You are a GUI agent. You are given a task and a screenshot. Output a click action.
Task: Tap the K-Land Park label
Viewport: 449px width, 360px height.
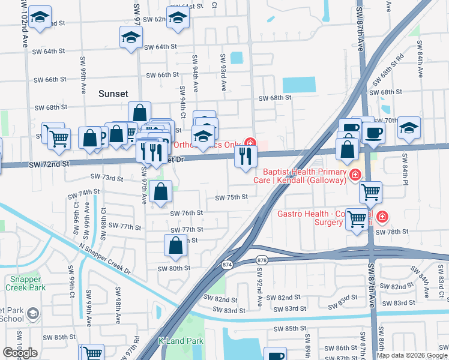click(x=180, y=341)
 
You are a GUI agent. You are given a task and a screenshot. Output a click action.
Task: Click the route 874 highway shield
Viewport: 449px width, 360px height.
click(x=226, y=264)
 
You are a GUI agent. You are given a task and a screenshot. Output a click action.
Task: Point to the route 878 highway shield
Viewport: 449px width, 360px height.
click(x=262, y=260)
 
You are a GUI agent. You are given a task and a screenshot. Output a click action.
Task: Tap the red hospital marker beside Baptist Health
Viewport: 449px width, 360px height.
click(x=355, y=176)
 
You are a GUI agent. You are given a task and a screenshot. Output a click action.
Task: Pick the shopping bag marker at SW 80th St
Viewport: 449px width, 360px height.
click(x=175, y=245)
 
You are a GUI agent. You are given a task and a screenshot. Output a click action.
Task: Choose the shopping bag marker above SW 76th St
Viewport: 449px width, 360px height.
click(x=161, y=192)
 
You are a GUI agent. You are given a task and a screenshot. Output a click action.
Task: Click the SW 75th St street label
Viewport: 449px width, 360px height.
click(x=231, y=197)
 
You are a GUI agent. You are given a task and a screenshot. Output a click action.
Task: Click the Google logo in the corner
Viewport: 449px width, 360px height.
click(x=20, y=353)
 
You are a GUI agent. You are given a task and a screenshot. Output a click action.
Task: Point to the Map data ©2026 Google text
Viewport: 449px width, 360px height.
click(x=412, y=355)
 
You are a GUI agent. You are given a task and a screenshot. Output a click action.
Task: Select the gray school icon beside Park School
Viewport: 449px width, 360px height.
click(x=33, y=313)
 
